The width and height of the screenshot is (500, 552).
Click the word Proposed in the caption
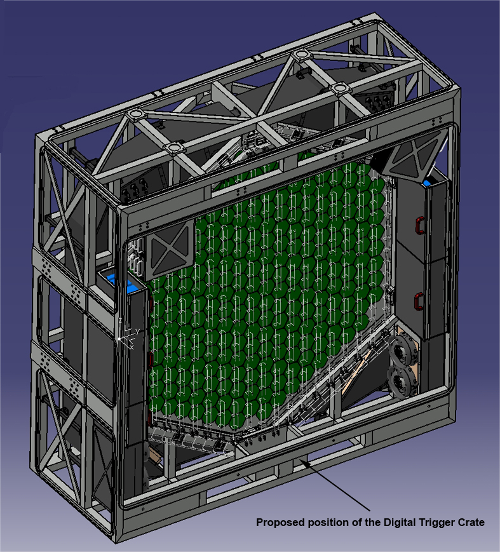coord(280,523)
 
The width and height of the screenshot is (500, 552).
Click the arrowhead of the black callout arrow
coord(304,462)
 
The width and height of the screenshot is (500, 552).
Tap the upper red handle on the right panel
coord(419,226)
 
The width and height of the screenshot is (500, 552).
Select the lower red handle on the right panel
coord(418,301)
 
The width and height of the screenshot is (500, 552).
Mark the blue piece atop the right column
coord(428,184)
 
